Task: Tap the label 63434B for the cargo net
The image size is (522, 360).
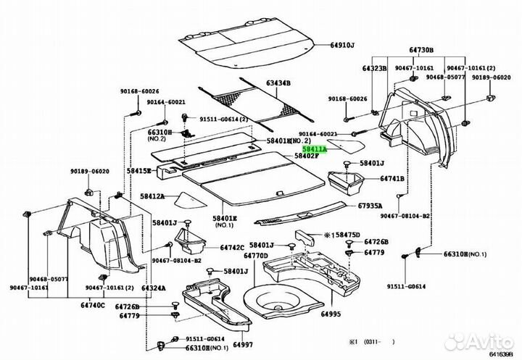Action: (278, 84)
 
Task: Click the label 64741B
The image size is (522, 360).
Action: (395, 178)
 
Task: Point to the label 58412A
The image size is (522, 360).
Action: (153, 196)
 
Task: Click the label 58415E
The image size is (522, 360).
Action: (139, 171)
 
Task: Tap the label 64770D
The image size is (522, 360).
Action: (256, 255)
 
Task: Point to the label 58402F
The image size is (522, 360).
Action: (306, 156)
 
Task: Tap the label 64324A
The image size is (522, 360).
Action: (154, 288)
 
